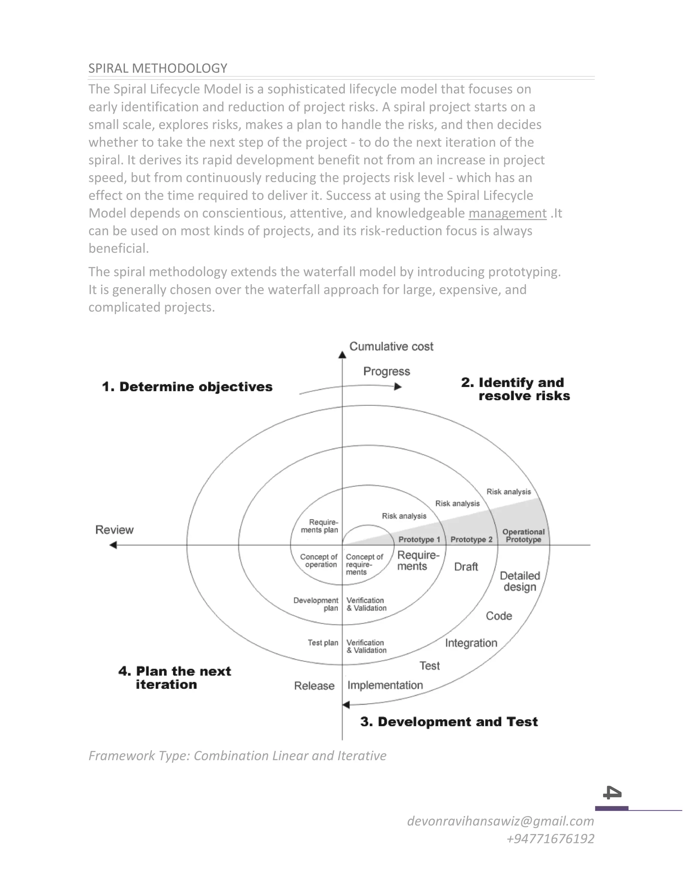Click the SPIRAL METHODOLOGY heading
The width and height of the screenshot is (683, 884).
pyautogui.click(x=157, y=68)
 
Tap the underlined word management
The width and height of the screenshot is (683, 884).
pyautogui.click(x=507, y=213)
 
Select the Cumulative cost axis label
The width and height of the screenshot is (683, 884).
pyautogui.click(x=391, y=347)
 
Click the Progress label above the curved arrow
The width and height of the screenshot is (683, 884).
pyautogui.click(x=387, y=371)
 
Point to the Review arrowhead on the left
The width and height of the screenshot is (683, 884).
pyautogui.click(x=113, y=545)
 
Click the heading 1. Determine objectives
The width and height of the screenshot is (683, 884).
pyautogui.click(x=187, y=387)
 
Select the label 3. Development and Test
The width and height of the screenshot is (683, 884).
pyautogui.click(x=449, y=721)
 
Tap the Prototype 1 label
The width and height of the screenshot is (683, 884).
pyautogui.click(x=419, y=539)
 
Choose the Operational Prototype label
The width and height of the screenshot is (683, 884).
pyautogui.click(x=523, y=535)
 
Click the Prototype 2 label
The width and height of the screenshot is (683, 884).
pyautogui.click(x=471, y=539)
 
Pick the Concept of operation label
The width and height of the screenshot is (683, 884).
pyautogui.click(x=319, y=561)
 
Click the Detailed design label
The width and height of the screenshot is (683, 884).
pyautogui.click(x=520, y=581)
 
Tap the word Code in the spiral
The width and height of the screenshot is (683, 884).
pyautogui.click(x=499, y=616)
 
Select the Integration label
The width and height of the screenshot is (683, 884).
pyautogui.click(x=471, y=643)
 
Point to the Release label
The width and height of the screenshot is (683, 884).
pyautogui.click(x=314, y=686)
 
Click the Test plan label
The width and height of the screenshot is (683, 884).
pyautogui.click(x=322, y=642)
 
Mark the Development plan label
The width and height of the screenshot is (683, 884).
pyautogui.click(x=316, y=604)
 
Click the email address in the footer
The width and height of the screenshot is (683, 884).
pyautogui.click(x=500, y=821)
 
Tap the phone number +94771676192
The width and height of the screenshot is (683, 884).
pyautogui.click(x=550, y=838)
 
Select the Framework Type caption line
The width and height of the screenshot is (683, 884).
pyautogui.click(x=237, y=756)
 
